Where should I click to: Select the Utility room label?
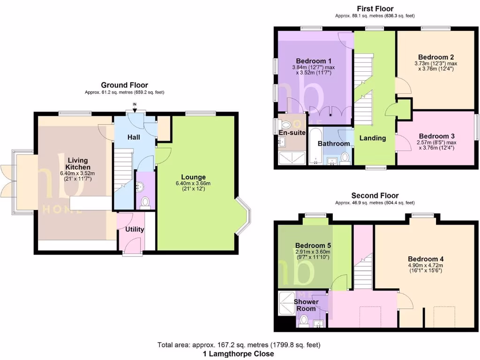pyautogui.click(x=135, y=229)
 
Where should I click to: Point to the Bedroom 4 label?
pyautogui.click(x=426, y=259)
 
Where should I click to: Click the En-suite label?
pyautogui.click(x=292, y=133)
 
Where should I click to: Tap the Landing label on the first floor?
pyautogui.click(x=373, y=138)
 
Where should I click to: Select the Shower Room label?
pyautogui.click(x=306, y=305)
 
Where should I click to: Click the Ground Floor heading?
pyautogui.click(x=125, y=85)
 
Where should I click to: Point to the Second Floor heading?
pyautogui.click(x=375, y=195)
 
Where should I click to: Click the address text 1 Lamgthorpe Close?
pyautogui.click(x=239, y=354)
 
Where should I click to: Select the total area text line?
pyautogui.click(x=239, y=345)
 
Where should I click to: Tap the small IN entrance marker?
pyautogui.click(x=135, y=104)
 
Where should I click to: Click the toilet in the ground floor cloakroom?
pyautogui.click(x=145, y=202)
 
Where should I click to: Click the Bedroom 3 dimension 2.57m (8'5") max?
pyautogui.click(x=435, y=142)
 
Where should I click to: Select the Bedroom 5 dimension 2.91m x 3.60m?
pyautogui.click(x=313, y=252)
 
